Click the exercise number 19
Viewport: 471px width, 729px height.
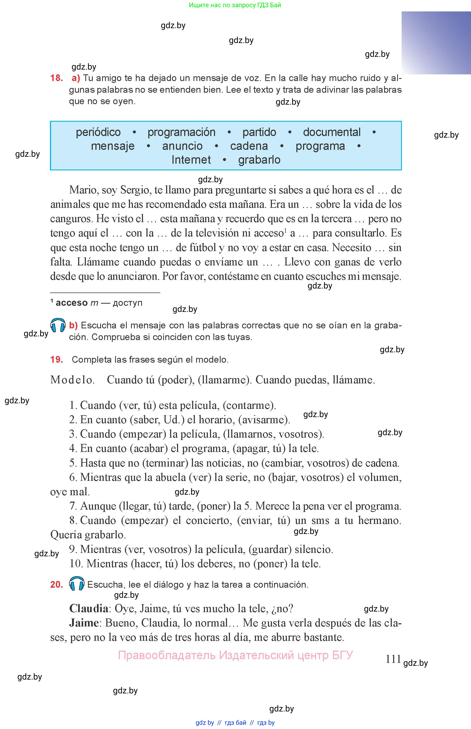56,359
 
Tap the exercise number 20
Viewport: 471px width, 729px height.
56,584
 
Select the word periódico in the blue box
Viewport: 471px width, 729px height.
98,132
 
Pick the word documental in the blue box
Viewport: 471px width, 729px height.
331,132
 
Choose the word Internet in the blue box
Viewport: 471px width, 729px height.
191,160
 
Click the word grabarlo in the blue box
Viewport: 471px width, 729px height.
259,160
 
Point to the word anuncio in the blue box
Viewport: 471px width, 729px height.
182,146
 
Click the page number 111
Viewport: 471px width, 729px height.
393,659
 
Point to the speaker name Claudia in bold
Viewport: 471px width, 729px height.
89,608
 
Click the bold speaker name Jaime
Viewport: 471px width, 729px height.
84,623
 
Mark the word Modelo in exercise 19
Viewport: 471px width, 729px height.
72,380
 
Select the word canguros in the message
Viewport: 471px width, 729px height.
71,219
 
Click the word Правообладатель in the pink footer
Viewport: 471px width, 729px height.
167,655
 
